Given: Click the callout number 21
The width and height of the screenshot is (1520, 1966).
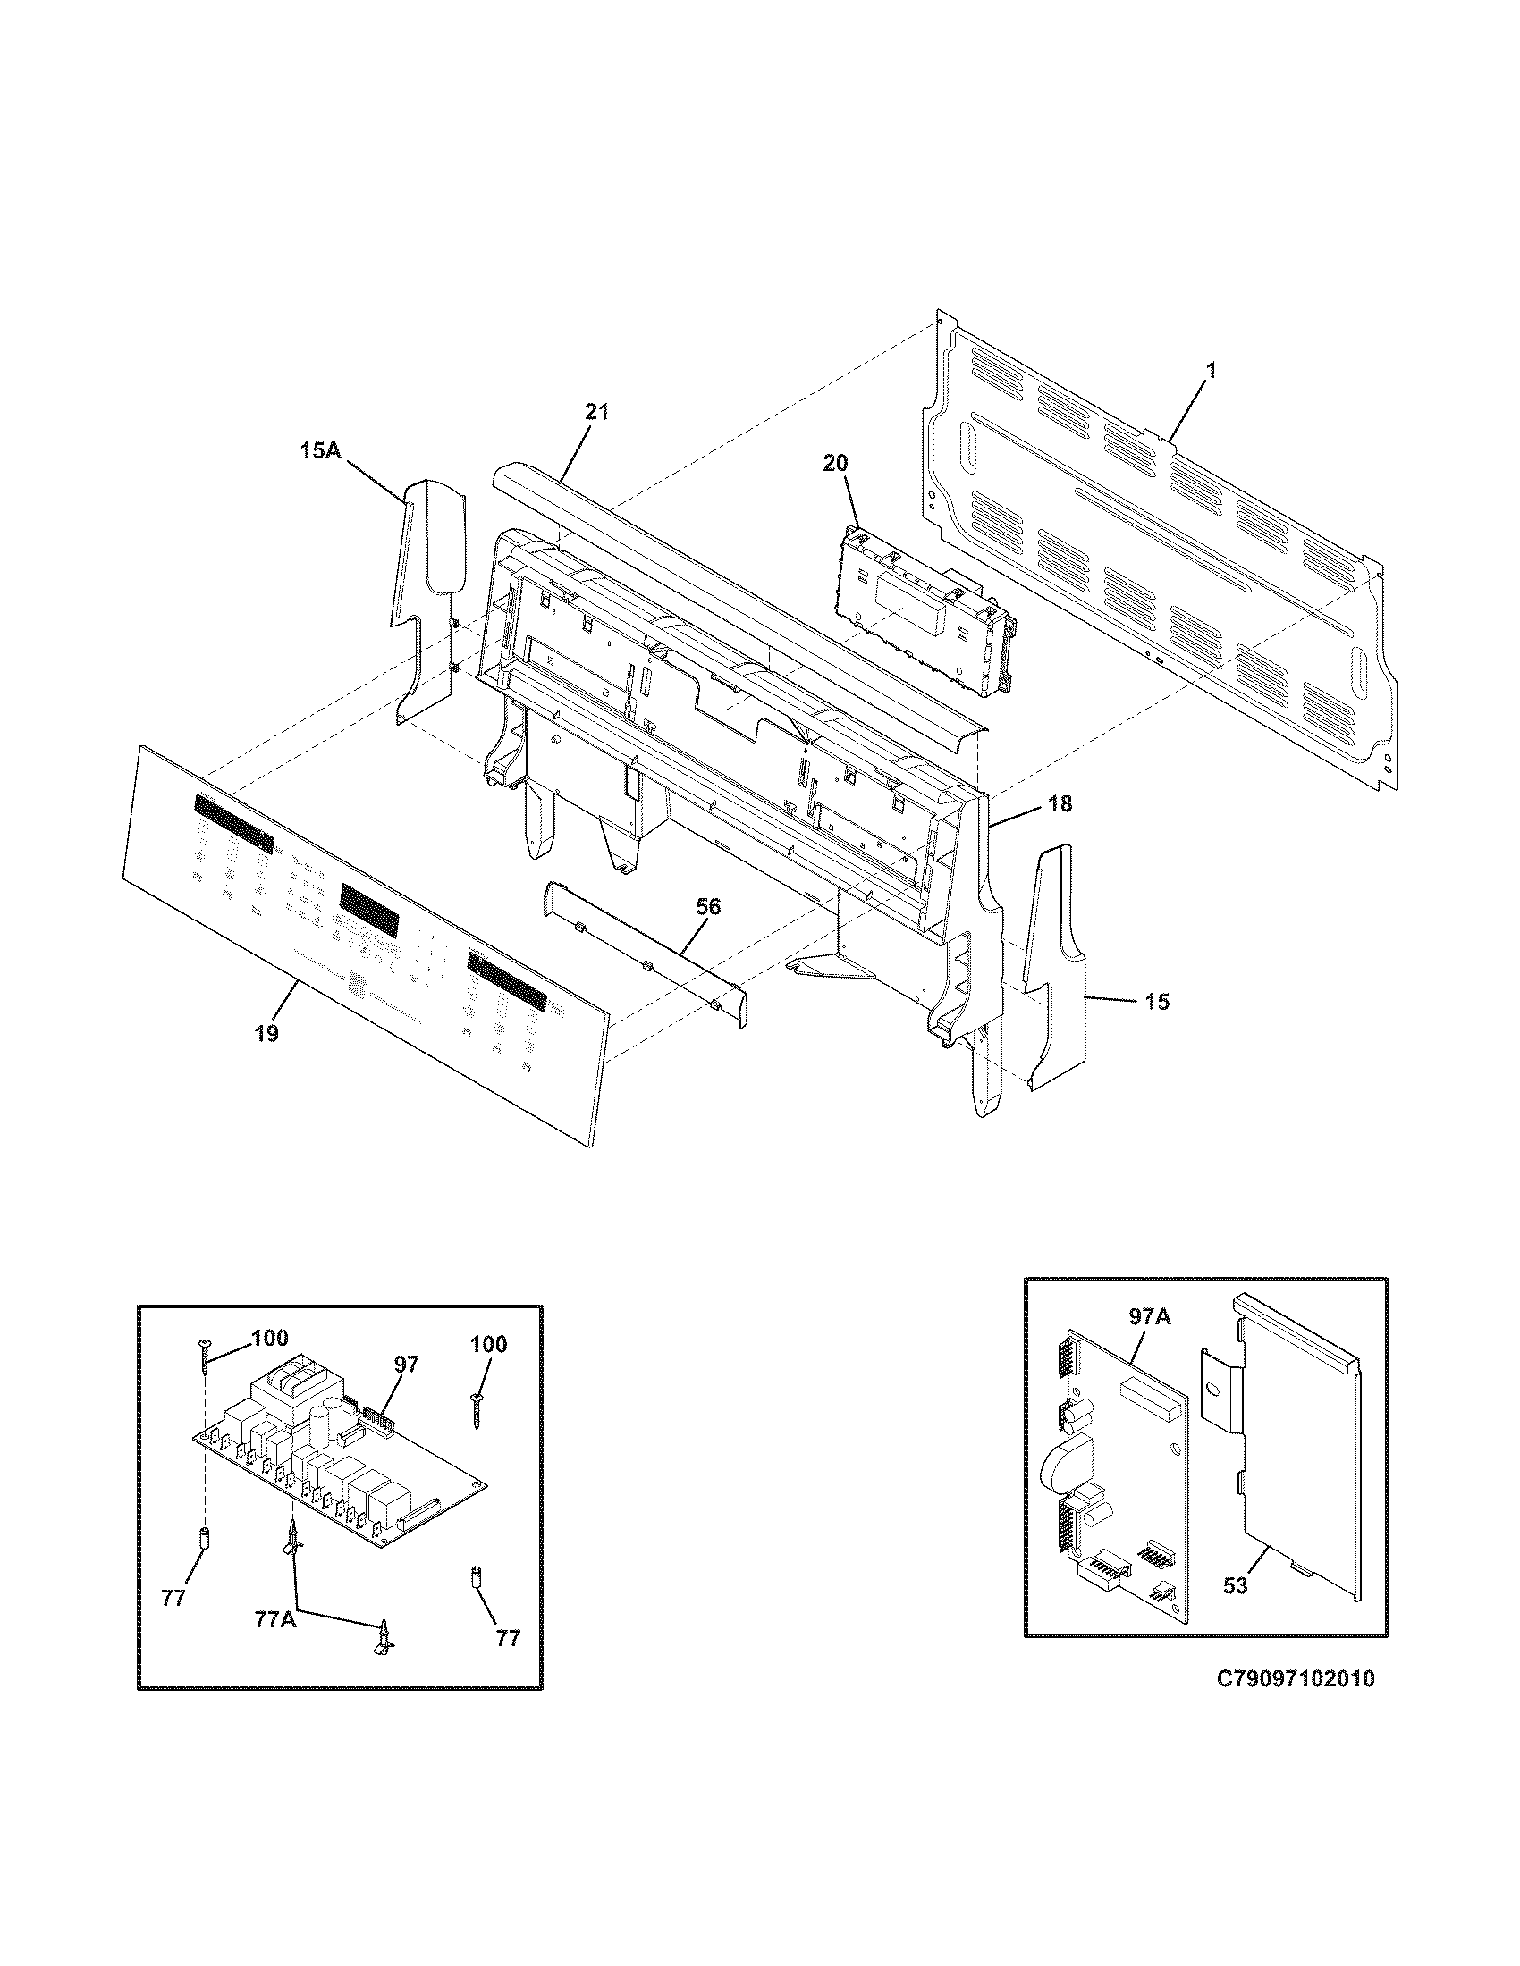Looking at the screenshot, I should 596,412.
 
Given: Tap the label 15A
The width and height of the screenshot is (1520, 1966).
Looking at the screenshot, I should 321,450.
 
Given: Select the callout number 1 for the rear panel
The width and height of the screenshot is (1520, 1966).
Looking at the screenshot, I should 1211,369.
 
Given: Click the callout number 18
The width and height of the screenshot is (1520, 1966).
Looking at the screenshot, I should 1060,804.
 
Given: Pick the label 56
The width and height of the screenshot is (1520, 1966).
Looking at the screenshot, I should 709,906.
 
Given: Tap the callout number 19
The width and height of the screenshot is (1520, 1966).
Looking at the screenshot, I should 266,1032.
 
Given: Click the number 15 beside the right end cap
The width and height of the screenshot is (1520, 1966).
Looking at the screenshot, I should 1158,1001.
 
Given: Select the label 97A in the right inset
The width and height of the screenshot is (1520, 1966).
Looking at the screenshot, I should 1150,1317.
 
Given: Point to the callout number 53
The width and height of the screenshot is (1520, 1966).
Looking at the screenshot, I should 1236,1585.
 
